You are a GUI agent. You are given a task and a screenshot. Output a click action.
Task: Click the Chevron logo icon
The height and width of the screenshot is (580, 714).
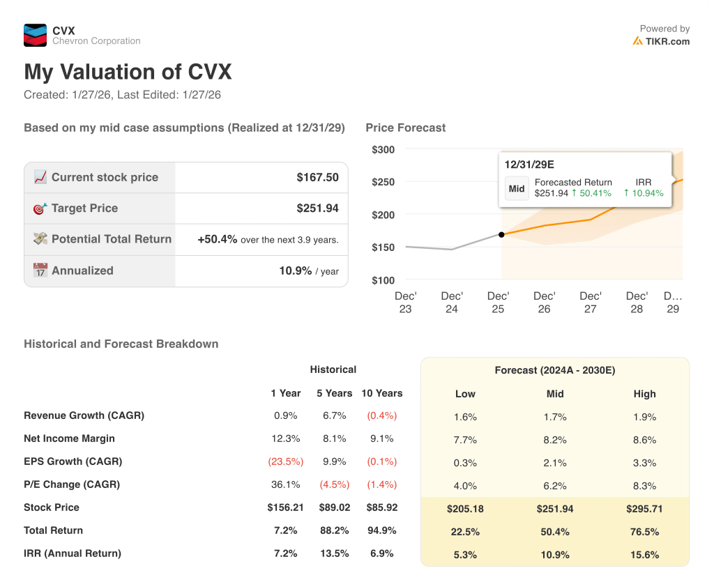(x=36, y=35)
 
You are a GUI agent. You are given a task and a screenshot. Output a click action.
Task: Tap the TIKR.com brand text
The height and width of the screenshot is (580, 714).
(x=667, y=41)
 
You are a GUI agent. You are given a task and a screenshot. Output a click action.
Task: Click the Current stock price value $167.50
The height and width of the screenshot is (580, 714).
(x=317, y=177)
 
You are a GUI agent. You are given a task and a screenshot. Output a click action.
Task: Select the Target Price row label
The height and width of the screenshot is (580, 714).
(x=84, y=208)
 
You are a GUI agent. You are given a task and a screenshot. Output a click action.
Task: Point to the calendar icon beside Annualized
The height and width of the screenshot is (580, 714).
(x=40, y=270)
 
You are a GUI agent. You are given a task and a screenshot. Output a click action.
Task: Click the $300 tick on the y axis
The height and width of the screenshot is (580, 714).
(x=383, y=149)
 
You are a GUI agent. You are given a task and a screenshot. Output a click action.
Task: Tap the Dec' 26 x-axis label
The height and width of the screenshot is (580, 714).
(x=545, y=303)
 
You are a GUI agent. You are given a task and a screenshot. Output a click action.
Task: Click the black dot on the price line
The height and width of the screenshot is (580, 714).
(x=501, y=234)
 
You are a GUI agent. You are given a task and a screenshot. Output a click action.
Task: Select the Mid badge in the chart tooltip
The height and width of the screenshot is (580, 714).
(x=517, y=188)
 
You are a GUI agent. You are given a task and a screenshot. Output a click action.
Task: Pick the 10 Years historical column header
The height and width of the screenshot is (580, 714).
(x=381, y=393)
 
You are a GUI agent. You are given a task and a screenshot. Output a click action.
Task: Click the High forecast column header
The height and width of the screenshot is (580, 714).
(x=644, y=394)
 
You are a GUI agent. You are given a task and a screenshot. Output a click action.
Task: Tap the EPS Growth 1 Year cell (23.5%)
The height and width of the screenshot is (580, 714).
(x=286, y=461)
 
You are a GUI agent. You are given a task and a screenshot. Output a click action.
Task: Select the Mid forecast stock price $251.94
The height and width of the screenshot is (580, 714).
(x=555, y=509)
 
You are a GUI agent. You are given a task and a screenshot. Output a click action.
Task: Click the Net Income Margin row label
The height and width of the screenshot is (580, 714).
(x=69, y=438)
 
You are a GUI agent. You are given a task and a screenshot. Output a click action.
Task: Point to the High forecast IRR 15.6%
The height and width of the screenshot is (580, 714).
(x=644, y=554)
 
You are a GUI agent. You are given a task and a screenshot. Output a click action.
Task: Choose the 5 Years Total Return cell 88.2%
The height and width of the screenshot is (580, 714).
(x=334, y=531)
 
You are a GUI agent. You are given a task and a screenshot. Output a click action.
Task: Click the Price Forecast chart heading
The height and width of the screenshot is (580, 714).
(x=405, y=128)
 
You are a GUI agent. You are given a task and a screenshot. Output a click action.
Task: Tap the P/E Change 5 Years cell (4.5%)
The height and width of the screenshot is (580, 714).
(x=334, y=484)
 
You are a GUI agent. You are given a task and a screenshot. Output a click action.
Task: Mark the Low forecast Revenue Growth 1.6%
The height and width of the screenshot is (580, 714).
(x=465, y=417)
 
